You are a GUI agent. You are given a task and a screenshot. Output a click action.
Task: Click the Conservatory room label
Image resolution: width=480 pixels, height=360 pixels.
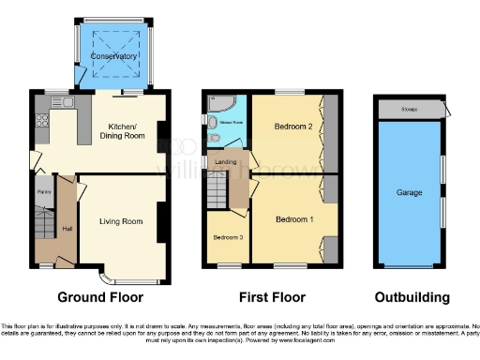tap(112, 56)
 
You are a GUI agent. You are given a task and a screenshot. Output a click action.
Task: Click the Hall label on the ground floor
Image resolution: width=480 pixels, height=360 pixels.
tap(67, 228)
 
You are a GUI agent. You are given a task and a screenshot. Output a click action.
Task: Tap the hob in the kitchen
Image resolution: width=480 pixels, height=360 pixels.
tap(40, 120)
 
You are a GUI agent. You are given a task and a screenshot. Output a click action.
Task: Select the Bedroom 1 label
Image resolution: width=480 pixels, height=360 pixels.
tap(293, 218)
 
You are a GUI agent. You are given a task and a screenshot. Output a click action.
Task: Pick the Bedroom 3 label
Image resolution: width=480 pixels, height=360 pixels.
tap(229, 237)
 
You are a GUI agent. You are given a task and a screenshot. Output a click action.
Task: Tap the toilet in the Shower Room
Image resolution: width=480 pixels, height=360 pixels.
tap(216, 140)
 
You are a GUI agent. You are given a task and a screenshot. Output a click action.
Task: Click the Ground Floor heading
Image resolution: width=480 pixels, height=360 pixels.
tap(100, 297)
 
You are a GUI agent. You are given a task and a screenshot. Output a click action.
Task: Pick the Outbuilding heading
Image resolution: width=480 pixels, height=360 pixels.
tap(412, 297)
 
